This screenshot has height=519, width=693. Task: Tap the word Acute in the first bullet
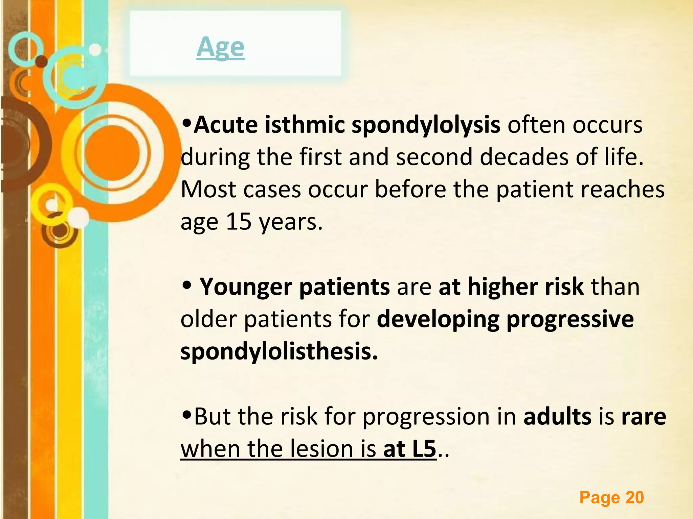(226, 125)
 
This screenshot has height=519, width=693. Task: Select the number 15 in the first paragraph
(239, 222)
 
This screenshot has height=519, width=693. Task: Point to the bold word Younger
(246, 287)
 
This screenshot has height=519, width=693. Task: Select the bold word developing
(438, 319)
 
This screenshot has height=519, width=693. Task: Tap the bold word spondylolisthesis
(279, 352)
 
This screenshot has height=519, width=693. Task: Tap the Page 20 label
(611, 497)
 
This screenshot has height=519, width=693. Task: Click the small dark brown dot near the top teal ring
(41, 61)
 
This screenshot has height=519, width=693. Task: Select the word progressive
(570, 319)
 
